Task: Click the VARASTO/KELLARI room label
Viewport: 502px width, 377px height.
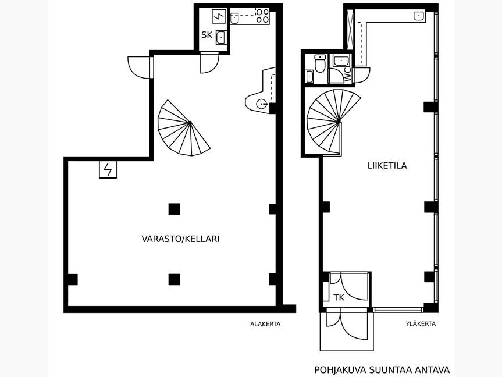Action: (x=180, y=239)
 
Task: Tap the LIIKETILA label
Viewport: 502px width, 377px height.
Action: (x=387, y=166)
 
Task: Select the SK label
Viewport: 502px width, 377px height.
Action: (x=207, y=35)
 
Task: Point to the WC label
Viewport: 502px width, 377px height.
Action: (x=347, y=74)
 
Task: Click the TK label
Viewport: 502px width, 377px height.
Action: (x=339, y=297)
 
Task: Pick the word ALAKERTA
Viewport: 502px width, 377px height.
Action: (x=265, y=324)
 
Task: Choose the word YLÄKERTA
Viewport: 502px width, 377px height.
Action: (x=421, y=324)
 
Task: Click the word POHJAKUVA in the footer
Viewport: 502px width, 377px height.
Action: (x=340, y=370)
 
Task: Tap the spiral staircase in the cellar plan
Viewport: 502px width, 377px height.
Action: (x=183, y=128)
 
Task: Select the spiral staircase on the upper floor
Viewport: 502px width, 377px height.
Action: (x=333, y=122)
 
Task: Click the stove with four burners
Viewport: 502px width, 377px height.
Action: (x=262, y=16)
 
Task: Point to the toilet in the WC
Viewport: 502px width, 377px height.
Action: (x=320, y=63)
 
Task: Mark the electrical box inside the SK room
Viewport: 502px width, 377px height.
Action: (x=219, y=16)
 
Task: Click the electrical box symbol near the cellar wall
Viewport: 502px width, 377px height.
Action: (x=108, y=169)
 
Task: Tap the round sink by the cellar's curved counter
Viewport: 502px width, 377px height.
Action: (x=262, y=104)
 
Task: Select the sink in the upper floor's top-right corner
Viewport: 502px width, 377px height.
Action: (x=419, y=16)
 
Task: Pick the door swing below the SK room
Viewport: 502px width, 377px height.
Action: (x=209, y=63)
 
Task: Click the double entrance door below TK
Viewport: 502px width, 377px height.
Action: (x=347, y=324)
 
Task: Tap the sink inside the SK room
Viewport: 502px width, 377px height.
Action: (x=220, y=37)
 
